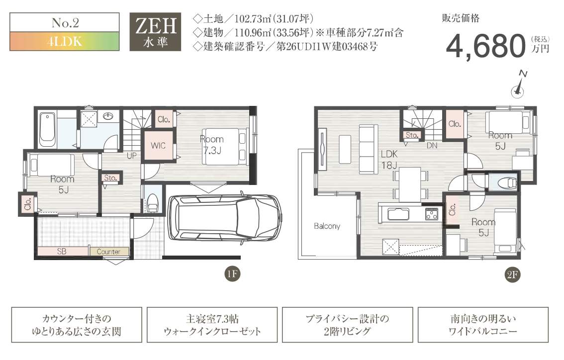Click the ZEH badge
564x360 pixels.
(x=155, y=32)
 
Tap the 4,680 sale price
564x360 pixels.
(x=486, y=46)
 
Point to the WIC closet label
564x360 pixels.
(x=158, y=146)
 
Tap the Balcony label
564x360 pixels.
(x=327, y=226)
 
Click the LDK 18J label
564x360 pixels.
(x=389, y=159)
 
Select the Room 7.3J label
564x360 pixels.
(x=212, y=145)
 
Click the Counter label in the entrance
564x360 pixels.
(x=108, y=252)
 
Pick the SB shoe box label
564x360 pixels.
(x=62, y=252)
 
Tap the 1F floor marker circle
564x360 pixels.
(x=232, y=274)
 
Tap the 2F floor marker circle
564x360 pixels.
(x=512, y=275)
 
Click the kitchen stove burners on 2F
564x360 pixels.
(x=432, y=214)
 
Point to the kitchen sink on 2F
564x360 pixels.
(x=398, y=214)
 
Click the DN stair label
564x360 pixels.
(x=432, y=146)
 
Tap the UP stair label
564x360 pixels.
(x=132, y=156)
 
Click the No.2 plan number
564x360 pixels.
(x=65, y=23)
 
